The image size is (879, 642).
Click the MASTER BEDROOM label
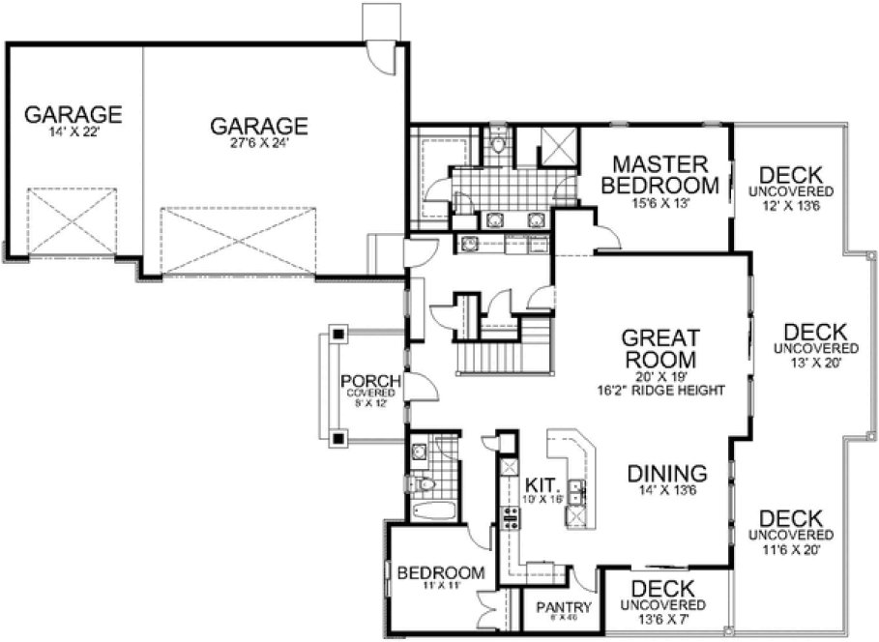(x=659, y=174)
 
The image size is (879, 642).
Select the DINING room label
(x=666, y=474)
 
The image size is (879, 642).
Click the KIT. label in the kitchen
(x=541, y=483)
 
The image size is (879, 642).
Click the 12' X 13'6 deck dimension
(x=791, y=205)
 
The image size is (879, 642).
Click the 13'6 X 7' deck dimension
(x=662, y=619)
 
